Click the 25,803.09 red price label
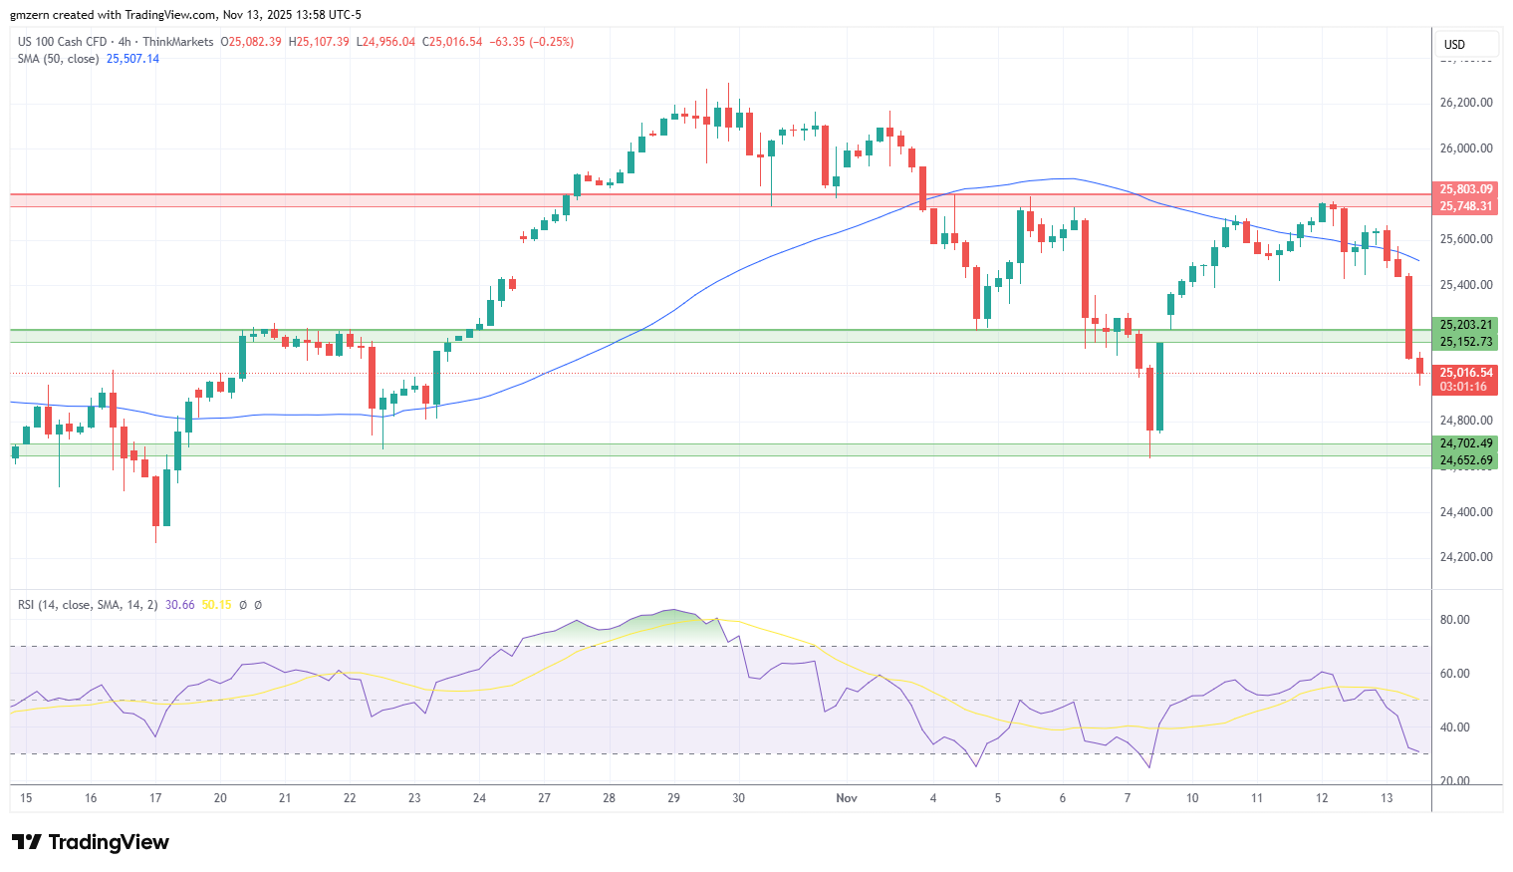click(1466, 189)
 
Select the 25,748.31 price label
click(1466, 206)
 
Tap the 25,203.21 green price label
click(1466, 325)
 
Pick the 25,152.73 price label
click(1466, 342)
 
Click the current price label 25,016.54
click(1466, 373)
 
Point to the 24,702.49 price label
click(1466, 443)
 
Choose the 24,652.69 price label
click(1466, 460)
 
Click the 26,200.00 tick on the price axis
click(1466, 103)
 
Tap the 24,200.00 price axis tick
click(1466, 557)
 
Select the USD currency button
click(1455, 44)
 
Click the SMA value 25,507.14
click(132, 59)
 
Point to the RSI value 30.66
click(180, 605)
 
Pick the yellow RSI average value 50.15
click(216, 605)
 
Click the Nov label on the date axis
click(847, 798)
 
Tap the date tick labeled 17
click(155, 798)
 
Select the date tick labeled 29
click(673, 798)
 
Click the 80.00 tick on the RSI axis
click(1455, 620)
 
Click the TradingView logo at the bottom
click(91, 843)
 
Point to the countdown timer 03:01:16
click(1463, 387)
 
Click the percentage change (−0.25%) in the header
click(551, 42)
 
